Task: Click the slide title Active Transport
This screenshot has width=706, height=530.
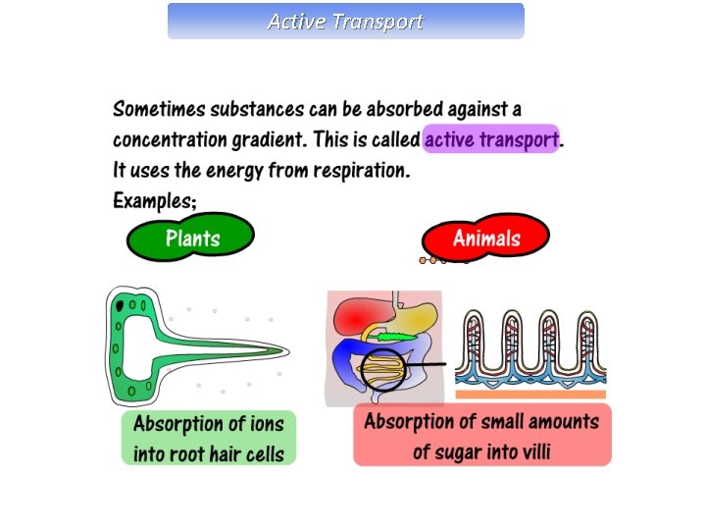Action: [345, 21]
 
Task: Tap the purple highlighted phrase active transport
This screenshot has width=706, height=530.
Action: [491, 139]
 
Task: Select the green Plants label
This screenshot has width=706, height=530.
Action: [192, 238]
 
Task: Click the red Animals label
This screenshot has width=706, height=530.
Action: [486, 238]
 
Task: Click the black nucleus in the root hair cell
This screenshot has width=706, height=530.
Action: [120, 306]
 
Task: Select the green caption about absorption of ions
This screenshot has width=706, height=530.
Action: [209, 438]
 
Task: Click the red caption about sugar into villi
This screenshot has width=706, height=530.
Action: [481, 436]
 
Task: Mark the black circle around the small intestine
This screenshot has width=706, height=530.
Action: [362, 370]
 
